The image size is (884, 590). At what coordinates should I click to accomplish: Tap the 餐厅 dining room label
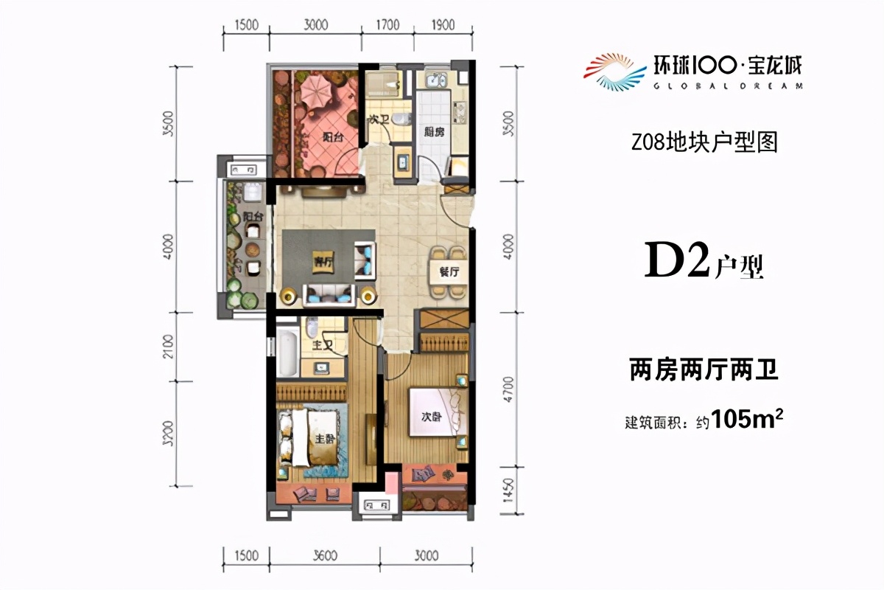pos(449,271)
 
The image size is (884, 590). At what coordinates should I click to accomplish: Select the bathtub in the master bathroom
pos(286,354)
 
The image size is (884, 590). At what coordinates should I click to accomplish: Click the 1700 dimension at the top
pos(387,25)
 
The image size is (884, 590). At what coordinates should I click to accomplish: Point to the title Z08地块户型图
pos(704,142)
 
